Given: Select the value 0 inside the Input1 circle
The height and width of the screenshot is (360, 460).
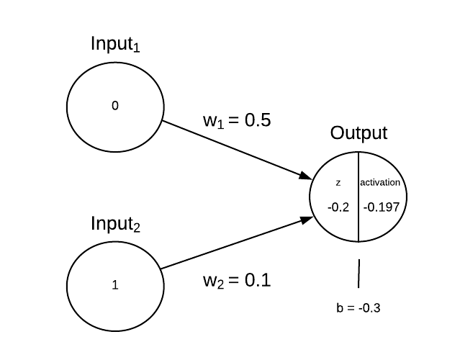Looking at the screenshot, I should (x=115, y=106).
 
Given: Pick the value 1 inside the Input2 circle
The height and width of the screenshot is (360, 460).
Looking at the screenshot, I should (x=115, y=284).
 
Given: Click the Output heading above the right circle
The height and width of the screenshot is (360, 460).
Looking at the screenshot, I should (x=358, y=133).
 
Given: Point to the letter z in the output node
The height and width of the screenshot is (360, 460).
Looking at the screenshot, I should (x=338, y=183).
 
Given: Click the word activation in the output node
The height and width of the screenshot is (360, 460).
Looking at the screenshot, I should (x=381, y=183).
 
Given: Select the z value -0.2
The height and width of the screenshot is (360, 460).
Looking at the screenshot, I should (x=338, y=207).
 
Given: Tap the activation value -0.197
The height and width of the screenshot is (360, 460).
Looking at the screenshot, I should (x=380, y=207).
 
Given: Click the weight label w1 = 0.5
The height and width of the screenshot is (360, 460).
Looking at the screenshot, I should (x=236, y=121).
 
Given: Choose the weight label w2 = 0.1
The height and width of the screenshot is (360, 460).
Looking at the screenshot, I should (x=236, y=281).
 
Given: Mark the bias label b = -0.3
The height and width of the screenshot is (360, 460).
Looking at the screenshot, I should (x=358, y=308).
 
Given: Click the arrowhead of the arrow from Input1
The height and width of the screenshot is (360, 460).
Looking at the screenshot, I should (x=304, y=176).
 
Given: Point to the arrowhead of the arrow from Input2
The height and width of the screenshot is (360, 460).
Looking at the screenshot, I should (x=305, y=218).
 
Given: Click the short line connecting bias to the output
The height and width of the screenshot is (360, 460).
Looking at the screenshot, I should (x=358, y=274).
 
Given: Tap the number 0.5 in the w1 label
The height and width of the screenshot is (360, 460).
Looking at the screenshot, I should (x=257, y=120).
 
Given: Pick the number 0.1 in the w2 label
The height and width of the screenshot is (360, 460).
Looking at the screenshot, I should (x=257, y=280).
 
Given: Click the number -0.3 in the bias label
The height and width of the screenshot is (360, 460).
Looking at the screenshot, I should (x=368, y=308).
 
